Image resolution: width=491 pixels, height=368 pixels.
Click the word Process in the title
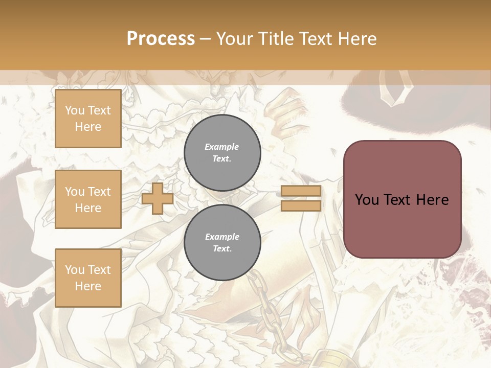(161, 39)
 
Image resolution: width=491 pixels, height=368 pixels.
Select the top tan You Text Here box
(88, 119)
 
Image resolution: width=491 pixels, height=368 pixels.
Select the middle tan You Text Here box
(88, 199)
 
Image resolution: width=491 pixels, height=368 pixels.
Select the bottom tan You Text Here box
(88, 278)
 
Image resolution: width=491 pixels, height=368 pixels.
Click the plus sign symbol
(158, 199)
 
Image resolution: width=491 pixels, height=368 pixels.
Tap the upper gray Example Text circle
(222, 152)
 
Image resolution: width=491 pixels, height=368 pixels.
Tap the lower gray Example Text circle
(222, 242)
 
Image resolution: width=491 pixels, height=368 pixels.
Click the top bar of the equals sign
(301, 191)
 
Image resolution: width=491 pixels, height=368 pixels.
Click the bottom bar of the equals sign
(301, 205)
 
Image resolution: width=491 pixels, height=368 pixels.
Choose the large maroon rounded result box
(402, 199)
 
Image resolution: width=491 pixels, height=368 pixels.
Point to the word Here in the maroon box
(432, 200)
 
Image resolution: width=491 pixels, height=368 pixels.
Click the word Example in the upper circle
(222, 147)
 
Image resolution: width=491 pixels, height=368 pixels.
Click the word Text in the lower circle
(221, 248)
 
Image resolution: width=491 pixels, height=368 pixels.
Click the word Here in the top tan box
(88, 127)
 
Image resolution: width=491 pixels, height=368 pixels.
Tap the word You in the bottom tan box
(75, 269)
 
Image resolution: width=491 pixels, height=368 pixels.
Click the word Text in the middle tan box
(99, 192)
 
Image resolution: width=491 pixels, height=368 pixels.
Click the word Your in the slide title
(235, 39)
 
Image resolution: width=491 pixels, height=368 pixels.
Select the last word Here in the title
(356, 39)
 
